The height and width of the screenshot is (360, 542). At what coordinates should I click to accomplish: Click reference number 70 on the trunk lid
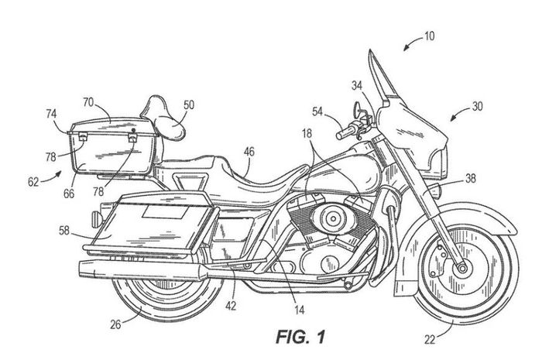click(88, 101)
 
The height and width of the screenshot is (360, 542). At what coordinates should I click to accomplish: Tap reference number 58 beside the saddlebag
click(64, 230)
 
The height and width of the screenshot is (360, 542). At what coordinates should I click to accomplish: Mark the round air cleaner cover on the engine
click(332, 215)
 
